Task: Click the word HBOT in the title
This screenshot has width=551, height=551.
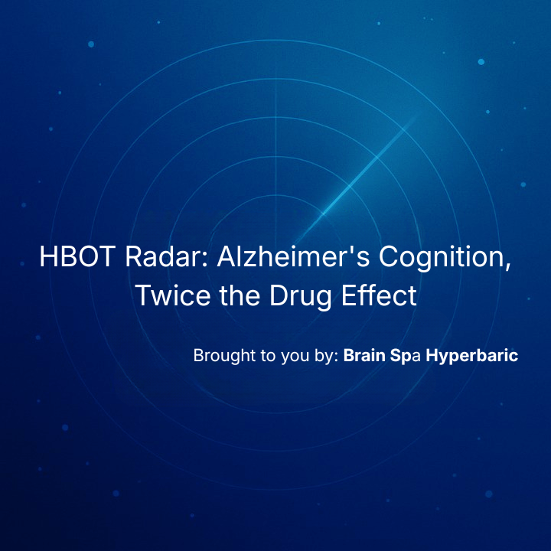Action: (x=77, y=256)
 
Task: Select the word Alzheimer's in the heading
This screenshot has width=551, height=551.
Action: (x=294, y=256)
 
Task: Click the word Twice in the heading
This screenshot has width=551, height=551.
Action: (x=173, y=295)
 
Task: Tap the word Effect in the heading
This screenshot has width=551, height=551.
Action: (x=379, y=295)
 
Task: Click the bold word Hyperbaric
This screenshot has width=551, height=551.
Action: (x=472, y=357)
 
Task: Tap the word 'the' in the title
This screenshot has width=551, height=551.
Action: (x=240, y=295)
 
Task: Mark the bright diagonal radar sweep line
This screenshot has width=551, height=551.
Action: (x=355, y=181)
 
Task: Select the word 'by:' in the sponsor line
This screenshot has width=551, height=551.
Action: (x=327, y=357)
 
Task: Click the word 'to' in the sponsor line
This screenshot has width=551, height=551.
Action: (x=268, y=357)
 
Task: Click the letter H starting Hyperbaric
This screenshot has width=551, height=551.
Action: (x=432, y=355)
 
